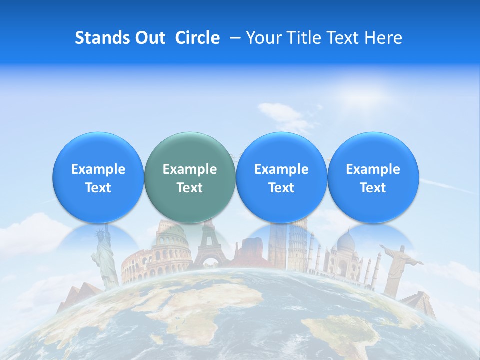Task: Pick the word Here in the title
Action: coord(383,38)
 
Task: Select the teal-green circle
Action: coord(190,177)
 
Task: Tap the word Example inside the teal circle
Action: coord(190,169)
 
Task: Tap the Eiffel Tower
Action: coord(210,247)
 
